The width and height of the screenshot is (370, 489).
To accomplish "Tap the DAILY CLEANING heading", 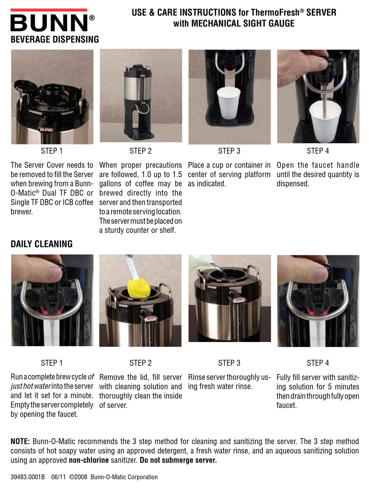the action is [x=42, y=244].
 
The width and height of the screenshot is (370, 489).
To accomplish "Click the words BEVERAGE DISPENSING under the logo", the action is [x=55, y=39].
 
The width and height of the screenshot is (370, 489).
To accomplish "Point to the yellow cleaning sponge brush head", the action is [x=138, y=288].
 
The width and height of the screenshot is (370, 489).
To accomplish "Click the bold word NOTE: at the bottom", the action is [x=20, y=441].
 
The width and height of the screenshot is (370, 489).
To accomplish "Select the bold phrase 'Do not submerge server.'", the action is [x=178, y=460].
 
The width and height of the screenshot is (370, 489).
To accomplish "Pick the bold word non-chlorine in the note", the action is [x=89, y=460].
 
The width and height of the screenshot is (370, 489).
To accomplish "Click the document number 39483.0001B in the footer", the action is [x=28, y=477].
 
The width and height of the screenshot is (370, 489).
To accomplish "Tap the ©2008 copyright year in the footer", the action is [x=78, y=477].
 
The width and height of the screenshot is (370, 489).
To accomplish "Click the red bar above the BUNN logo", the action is [x=49, y=10].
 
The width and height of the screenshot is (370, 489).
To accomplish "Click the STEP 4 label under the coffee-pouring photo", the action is [x=318, y=151].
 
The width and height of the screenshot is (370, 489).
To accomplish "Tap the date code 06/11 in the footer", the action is [x=58, y=477].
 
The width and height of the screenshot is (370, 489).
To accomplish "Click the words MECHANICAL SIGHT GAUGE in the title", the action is [x=243, y=23].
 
